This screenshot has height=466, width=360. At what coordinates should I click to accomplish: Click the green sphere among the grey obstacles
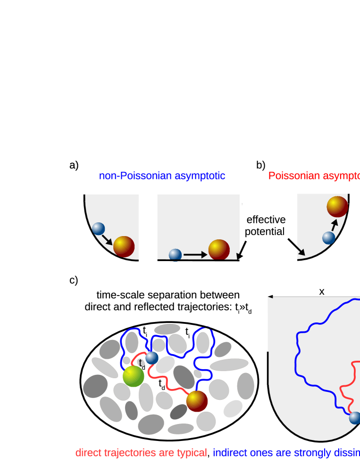(134, 376)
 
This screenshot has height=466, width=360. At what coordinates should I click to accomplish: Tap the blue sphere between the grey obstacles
(151, 358)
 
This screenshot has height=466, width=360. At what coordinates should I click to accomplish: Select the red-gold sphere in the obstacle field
(197, 401)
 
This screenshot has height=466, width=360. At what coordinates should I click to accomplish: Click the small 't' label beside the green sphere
(140, 363)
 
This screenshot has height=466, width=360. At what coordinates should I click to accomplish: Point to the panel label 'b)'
(260, 165)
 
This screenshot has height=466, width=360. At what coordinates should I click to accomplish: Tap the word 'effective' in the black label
(266, 220)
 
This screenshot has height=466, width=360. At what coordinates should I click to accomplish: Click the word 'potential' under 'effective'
(265, 232)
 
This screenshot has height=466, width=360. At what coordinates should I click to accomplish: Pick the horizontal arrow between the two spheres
(195, 255)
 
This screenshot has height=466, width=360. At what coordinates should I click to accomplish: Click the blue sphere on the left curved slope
(98, 229)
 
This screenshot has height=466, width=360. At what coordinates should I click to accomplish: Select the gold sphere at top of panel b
(337, 206)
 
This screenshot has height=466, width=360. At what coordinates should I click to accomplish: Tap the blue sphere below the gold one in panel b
(329, 238)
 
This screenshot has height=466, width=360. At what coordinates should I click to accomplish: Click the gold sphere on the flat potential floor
(219, 249)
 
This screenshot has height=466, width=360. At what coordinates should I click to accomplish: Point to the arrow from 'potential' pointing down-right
(296, 247)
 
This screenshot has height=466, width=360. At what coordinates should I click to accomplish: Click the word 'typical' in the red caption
(192, 453)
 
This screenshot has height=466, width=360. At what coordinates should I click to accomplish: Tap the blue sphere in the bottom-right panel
(355, 418)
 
